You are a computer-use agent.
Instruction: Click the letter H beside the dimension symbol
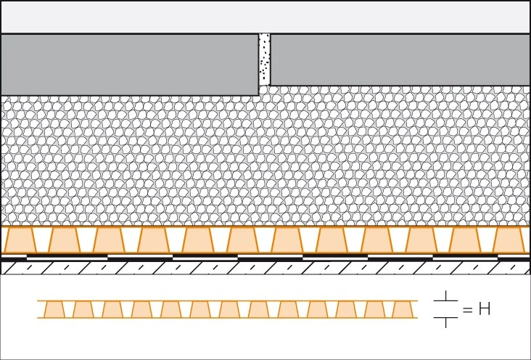coord(485,309)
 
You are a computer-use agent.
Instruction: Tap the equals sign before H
coord(467,309)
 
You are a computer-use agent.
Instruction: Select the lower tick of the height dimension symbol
coord(445,322)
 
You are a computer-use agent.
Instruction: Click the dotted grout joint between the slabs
coord(265,60)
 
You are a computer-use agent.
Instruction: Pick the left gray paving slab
coord(130,65)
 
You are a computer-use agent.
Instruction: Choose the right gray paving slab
coord(400,60)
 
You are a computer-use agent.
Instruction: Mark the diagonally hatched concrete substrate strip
coord(265,268)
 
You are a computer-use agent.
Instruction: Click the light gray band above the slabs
coord(265,17)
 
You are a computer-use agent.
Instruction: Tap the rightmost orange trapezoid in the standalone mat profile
coord(402,309)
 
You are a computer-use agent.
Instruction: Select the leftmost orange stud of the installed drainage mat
coord(19,240)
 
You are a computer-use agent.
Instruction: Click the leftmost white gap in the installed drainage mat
coord(42,240)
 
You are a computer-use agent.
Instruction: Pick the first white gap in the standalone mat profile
coord(69,309)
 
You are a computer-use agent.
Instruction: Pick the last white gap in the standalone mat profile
coord(388,309)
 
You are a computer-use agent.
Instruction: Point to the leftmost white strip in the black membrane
coord(67,258)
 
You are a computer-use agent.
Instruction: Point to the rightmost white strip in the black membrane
coord(465,258)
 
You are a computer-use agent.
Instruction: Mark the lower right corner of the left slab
coord(259,96)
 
